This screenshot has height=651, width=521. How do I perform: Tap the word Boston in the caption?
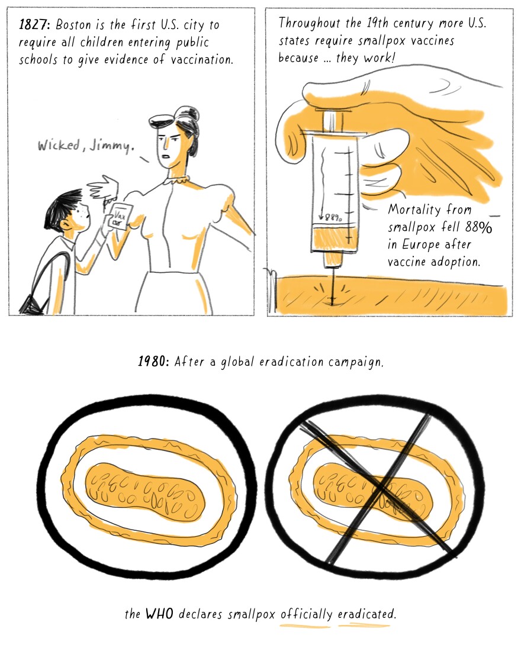coord(73,24)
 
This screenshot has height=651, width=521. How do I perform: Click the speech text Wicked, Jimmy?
coord(86,146)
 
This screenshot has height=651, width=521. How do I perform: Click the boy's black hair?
coord(62,208)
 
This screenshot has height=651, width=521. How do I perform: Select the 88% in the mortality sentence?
coord(478,227)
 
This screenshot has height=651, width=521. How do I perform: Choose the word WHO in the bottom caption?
coord(159,613)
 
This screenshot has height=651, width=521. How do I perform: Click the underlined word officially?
coord(306,614)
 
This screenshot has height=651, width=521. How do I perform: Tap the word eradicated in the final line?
coord(366,614)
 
